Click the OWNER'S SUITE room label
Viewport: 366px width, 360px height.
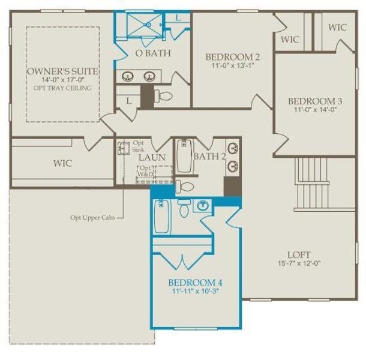pyautogui.click(x=62, y=71)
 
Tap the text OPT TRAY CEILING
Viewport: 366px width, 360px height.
pyautogui.click(x=62, y=88)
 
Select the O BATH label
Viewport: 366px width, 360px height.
pyautogui.click(x=152, y=53)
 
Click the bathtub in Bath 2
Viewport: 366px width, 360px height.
pyautogui.click(x=184, y=156)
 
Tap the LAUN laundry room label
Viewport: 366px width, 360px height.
pyautogui.click(x=152, y=157)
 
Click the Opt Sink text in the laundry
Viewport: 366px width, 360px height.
pyautogui.click(x=139, y=146)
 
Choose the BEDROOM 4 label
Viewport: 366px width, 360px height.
pyautogui.click(x=195, y=282)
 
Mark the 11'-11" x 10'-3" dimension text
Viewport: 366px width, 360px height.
pyautogui.click(x=195, y=292)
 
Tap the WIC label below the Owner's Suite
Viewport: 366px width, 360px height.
pyautogui.click(x=62, y=163)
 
